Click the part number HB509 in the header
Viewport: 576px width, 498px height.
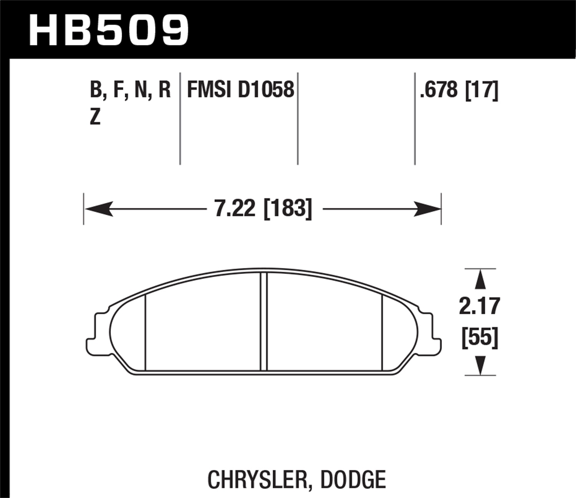pyautogui.click(x=109, y=30)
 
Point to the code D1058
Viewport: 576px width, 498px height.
pyautogui.click(x=266, y=90)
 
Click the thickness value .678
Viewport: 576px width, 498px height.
pyautogui.click(x=439, y=90)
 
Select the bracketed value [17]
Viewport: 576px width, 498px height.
pyautogui.click(x=482, y=90)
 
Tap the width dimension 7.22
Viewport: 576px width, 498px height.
pyautogui.click(x=235, y=209)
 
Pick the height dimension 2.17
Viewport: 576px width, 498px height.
pyautogui.click(x=480, y=306)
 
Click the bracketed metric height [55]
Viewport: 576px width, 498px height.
pyautogui.click(x=480, y=338)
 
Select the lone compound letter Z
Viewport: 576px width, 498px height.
pyautogui.click(x=95, y=116)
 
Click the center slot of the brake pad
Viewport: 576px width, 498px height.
pyautogui.click(x=263, y=321)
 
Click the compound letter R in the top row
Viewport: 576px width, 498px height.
pyautogui.click(x=164, y=90)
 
